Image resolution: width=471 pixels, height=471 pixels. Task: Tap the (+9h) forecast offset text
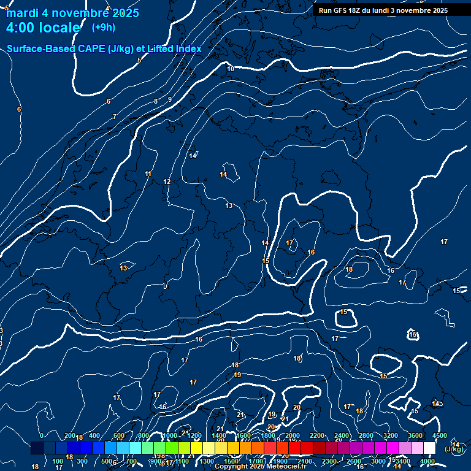pos(103,27)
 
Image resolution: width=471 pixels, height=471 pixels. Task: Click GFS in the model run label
pos(343,10)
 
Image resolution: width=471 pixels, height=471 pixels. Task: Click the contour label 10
pos(231,69)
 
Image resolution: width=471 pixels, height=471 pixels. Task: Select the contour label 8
pos(156,101)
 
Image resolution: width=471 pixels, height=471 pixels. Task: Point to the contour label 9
pos(170,99)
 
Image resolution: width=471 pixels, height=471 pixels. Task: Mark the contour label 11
pos(148,174)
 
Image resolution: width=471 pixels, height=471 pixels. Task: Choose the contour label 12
pos(167,182)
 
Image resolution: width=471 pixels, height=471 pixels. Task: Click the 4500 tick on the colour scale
pos(439,435)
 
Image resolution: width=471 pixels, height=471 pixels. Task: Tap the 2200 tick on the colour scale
pos(316,435)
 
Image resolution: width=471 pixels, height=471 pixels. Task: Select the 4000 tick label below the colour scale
pos(427,461)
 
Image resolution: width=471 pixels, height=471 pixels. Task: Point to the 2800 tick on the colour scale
pos(366,435)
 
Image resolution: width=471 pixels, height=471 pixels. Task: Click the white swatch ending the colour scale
pos(429,448)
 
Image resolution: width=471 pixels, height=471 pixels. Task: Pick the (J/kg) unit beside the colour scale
pos(454,449)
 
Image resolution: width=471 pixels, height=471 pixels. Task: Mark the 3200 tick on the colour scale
pos(390,435)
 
